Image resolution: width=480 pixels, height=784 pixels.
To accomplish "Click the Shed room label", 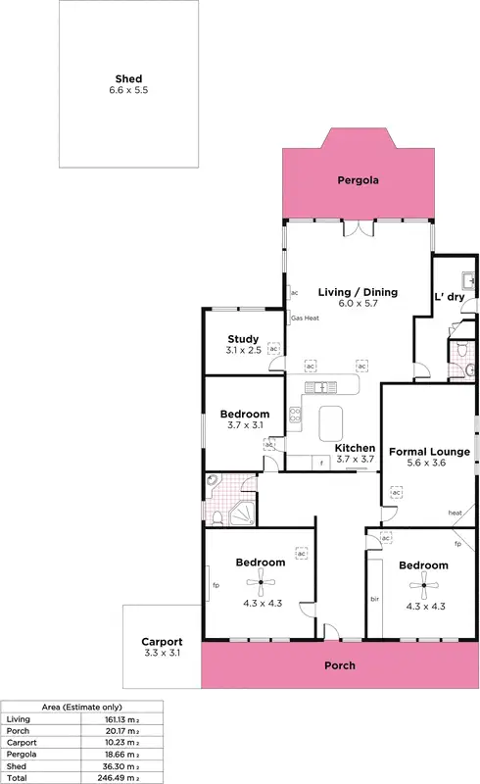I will click(127, 78).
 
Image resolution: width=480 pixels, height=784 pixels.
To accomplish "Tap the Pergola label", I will click(358, 180).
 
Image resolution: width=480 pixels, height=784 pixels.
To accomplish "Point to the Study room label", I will click(243, 339).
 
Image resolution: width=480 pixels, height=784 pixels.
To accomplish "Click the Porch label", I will click(340, 665).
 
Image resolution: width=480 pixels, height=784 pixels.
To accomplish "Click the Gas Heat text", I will click(305, 318).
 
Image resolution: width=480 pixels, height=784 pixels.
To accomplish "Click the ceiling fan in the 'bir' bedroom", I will click(423, 588).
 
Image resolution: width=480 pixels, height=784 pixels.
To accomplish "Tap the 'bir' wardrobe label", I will click(374, 597).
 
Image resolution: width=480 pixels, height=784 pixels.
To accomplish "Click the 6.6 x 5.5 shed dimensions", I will click(127, 90).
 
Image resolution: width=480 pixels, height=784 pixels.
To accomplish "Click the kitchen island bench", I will click(332, 424).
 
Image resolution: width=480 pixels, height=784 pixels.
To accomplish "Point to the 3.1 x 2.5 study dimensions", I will click(243, 350).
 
